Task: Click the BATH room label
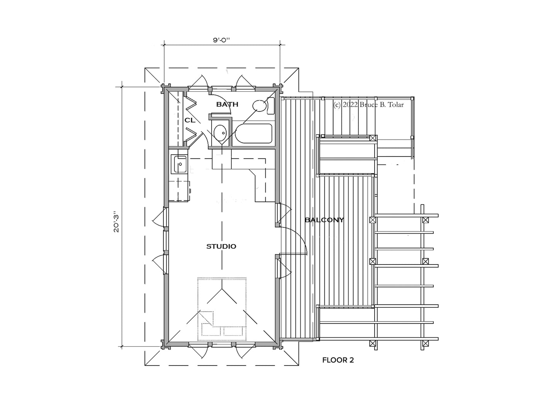pos(227,104)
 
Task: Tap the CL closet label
pos(190,120)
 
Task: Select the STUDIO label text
pos(221,246)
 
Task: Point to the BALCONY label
pos(324,220)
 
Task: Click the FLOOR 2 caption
pos(338,360)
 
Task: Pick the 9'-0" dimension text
pos(221,40)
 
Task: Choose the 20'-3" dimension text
pos(117,222)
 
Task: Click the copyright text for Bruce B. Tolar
pos(368,104)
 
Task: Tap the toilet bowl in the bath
pos(259,106)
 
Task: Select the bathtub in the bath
pos(253,133)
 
